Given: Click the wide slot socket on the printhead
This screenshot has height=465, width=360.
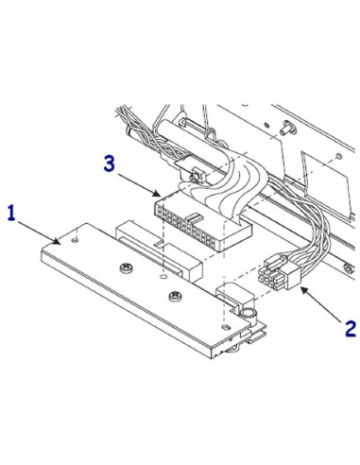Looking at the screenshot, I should click(142, 240).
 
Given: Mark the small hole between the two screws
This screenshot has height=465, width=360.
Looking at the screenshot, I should click(163, 280).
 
